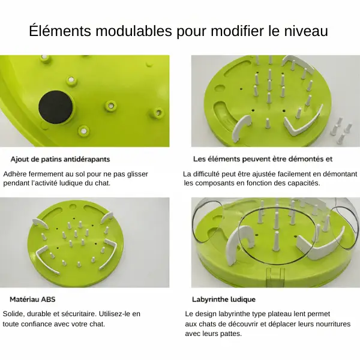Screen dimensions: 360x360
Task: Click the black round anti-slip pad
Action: tap(56, 107)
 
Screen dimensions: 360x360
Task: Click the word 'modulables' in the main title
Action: tap(134, 31)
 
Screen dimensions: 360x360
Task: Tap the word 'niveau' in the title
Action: tap(306, 31)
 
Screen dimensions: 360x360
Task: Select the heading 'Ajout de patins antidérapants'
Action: tap(60, 159)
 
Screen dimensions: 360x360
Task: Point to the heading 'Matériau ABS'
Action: tap(32, 299)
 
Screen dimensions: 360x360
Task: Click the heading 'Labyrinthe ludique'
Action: tap(224, 299)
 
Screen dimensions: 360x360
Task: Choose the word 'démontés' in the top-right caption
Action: tap(308, 159)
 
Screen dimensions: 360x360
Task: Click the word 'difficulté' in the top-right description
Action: tap(206, 174)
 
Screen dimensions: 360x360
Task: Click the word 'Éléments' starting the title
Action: tap(60, 31)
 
